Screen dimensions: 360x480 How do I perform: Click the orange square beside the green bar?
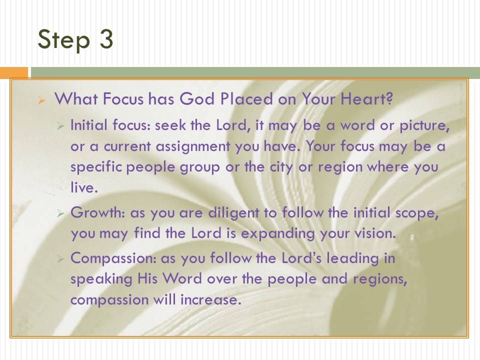click(x=13, y=72)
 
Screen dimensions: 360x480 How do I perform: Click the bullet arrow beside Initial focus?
click(x=60, y=125)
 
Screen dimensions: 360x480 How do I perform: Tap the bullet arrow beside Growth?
click(x=60, y=213)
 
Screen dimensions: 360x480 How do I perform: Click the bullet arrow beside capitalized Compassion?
click(x=60, y=259)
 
